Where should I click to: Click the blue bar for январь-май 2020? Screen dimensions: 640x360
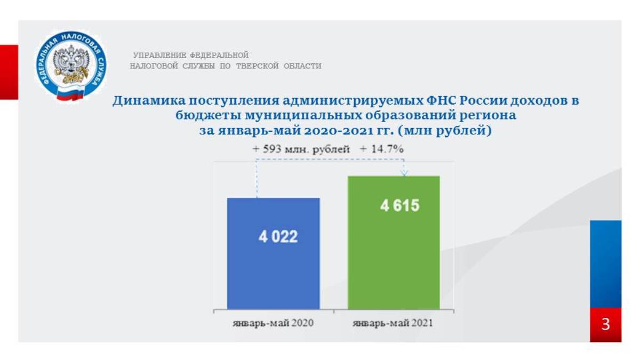pyautogui.click(x=274, y=253)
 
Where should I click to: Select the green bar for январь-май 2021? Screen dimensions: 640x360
pyautogui.click(x=394, y=243)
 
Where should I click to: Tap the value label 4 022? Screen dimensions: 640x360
pyautogui.click(x=278, y=237)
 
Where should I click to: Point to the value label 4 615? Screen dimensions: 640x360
pyautogui.click(x=399, y=205)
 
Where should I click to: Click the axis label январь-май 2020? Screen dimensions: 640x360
pyautogui.click(x=273, y=323)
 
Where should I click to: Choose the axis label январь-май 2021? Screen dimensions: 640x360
pyautogui.click(x=393, y=323)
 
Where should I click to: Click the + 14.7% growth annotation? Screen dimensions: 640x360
pyautogui.click(x=382, y=149)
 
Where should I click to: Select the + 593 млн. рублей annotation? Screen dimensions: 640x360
pyautogui.click(x=301, y=149)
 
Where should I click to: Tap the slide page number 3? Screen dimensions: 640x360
pyautogui.click(x=606, y=324)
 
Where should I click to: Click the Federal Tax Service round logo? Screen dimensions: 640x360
pyautogui.click(x=71, y=66)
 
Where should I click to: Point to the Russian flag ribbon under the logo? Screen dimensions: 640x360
pyautogui.click(x=70, y=93)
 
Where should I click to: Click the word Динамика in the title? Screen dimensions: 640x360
pyautogui.click(x=149, y=101)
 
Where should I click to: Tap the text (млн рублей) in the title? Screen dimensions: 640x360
pyautogui.click(x=444, y=131)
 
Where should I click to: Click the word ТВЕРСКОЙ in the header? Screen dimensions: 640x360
pyautogui.click(x=257, y=66)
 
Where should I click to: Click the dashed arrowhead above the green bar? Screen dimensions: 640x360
pyautogui.click(x=404, y=173)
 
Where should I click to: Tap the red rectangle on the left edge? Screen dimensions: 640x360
pyautogui.click(x=9, y=73)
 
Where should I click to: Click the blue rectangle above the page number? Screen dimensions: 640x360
pyautogui.click(x=606, y=264)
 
